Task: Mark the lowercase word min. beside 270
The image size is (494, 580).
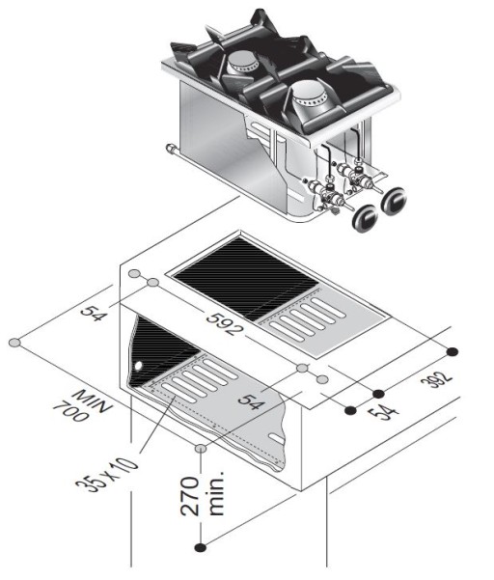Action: click(x=216, y=494)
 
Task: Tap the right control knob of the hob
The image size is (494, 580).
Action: click(x=394, y=201)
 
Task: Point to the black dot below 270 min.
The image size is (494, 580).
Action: click(x=199, y=547)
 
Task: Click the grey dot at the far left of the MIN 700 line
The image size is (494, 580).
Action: click(x=14, y=343)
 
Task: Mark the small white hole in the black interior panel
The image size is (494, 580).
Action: click(x=139, y=366)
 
